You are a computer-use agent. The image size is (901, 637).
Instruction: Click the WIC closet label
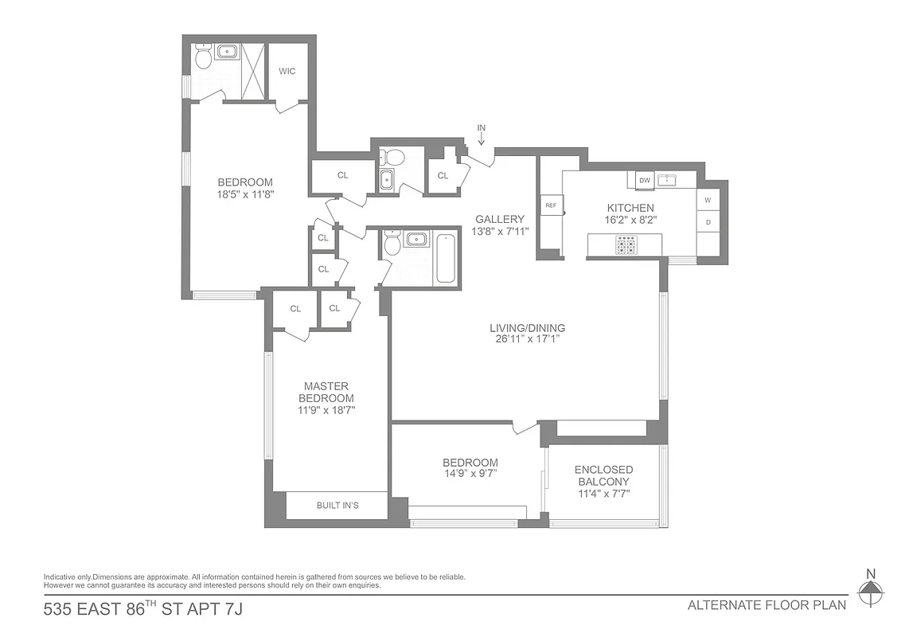[x=287, y=72]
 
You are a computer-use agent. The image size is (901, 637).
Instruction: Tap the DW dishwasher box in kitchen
[x=645, y=180]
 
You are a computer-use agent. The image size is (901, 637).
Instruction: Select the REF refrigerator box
[x=550, y=205]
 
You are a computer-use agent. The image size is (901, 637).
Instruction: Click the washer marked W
[x=708, y=198]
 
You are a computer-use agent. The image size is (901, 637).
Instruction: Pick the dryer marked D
[x=708, y=222]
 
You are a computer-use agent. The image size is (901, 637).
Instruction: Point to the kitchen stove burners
[x=626, y=246]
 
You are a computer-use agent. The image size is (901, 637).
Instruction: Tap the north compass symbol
[x=872, y=589]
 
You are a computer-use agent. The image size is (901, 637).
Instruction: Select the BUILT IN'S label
[x=337, y=506]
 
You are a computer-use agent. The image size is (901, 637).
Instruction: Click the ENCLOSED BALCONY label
[x=603, y=475]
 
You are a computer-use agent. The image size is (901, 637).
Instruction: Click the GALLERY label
[x=500, y=220]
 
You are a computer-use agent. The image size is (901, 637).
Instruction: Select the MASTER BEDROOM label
[x=326, y=393]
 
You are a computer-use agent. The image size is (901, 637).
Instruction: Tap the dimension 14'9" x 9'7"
[x=470, y=475]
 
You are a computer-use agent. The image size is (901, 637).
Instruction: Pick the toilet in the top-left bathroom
[x=203, y=57]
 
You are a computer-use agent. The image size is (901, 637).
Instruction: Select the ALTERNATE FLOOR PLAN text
[x=766, y=605]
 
